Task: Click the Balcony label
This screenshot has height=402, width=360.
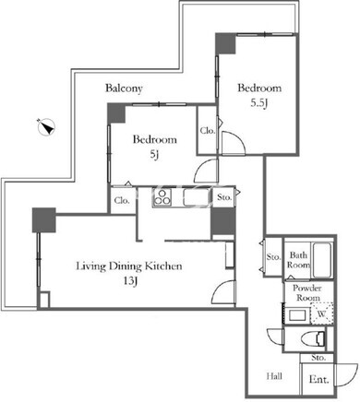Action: [124, 89]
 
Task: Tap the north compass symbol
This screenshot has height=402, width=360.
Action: [47, 126]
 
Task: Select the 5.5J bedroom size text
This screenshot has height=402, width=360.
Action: [259, 103]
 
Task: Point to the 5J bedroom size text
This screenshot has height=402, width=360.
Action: [154, 155]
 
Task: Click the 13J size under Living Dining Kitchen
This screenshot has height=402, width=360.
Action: [130, 281]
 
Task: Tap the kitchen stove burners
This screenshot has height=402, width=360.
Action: [162, 197]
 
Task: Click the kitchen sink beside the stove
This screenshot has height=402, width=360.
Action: [197, 197]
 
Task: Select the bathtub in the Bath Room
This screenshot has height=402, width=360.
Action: [322, 260]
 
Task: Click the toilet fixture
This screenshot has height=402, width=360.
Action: [315, 339]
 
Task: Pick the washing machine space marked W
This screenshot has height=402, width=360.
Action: [321, 313]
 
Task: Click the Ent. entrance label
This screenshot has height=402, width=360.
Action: [318, 379]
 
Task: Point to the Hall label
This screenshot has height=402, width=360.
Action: [274, 376]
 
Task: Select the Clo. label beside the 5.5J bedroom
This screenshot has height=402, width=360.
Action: [208, 131]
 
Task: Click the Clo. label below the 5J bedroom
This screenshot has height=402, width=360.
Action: [122, 201]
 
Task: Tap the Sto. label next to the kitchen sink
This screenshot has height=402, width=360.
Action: [224, 197]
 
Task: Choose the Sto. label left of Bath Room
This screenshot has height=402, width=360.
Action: [273, 256]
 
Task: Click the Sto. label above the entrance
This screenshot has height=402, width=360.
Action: [318, 358]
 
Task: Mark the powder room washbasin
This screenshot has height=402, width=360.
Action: [297, 315]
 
